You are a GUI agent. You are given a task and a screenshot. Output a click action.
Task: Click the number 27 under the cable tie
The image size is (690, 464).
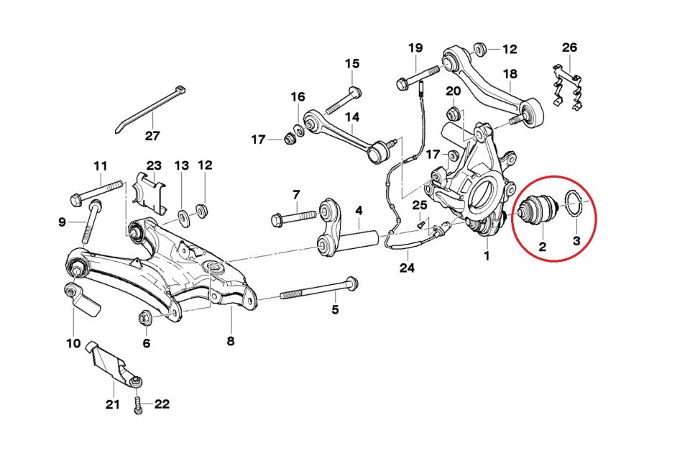tap(152, 135)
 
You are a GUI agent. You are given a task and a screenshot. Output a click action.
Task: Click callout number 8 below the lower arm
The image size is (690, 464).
tap(231, 341)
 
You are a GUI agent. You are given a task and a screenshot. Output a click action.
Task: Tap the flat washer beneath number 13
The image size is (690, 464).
tap(183, 214)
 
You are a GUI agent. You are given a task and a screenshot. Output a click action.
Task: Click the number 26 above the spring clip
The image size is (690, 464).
tap(569, 48)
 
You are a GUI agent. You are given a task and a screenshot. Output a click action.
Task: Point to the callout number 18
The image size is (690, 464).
tap(510, 74)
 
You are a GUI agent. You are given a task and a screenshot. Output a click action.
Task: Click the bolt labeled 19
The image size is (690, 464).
tap(417, 76)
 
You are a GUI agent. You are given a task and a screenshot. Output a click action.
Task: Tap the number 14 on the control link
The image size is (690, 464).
tap(352, 117)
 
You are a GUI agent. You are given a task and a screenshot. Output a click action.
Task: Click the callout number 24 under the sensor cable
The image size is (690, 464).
tap(408, 268)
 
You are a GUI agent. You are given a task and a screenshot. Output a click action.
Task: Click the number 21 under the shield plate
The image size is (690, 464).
tap(112, 404)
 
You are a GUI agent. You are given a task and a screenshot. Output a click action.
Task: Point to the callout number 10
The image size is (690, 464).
tap(73, 343)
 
